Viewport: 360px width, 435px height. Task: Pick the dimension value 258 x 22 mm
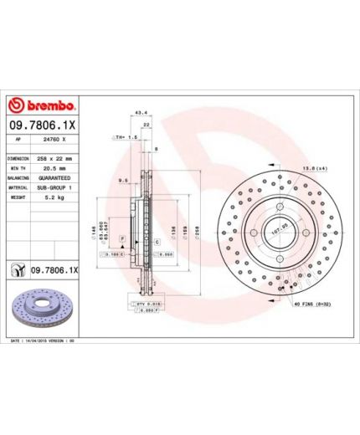(x=56, y=158)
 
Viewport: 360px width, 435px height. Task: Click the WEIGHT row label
(x=18, y=198)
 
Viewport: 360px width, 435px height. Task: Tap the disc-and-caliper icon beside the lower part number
(x=17, y=270)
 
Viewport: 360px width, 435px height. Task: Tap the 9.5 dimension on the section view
(x=123, y=179)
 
